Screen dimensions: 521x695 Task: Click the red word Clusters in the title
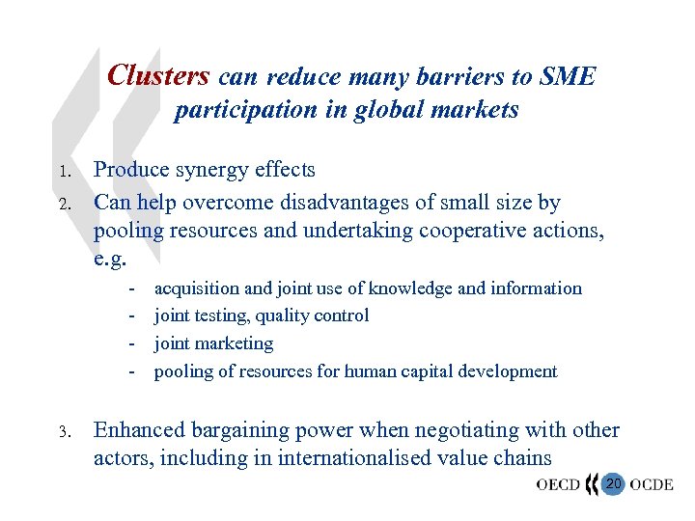158,75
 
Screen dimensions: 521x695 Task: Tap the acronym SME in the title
569,77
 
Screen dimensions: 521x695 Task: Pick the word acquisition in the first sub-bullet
197,288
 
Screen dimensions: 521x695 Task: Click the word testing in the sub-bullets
223,315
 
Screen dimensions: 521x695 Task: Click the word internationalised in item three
351,458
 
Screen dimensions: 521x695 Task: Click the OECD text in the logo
559,483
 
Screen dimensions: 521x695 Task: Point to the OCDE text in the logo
652,483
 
